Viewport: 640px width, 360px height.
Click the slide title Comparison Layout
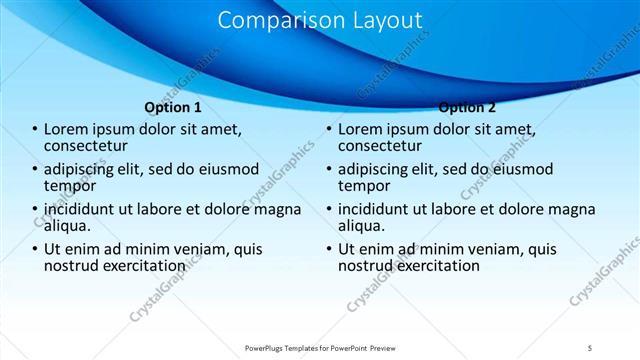tap(319, 20)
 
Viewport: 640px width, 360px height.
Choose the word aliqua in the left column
tap(68, 226)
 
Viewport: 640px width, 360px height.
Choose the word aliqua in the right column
tap(362, 226)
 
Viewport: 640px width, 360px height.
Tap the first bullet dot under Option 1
tap(34, 130)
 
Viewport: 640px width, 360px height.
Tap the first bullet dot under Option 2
tap(328, 130)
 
